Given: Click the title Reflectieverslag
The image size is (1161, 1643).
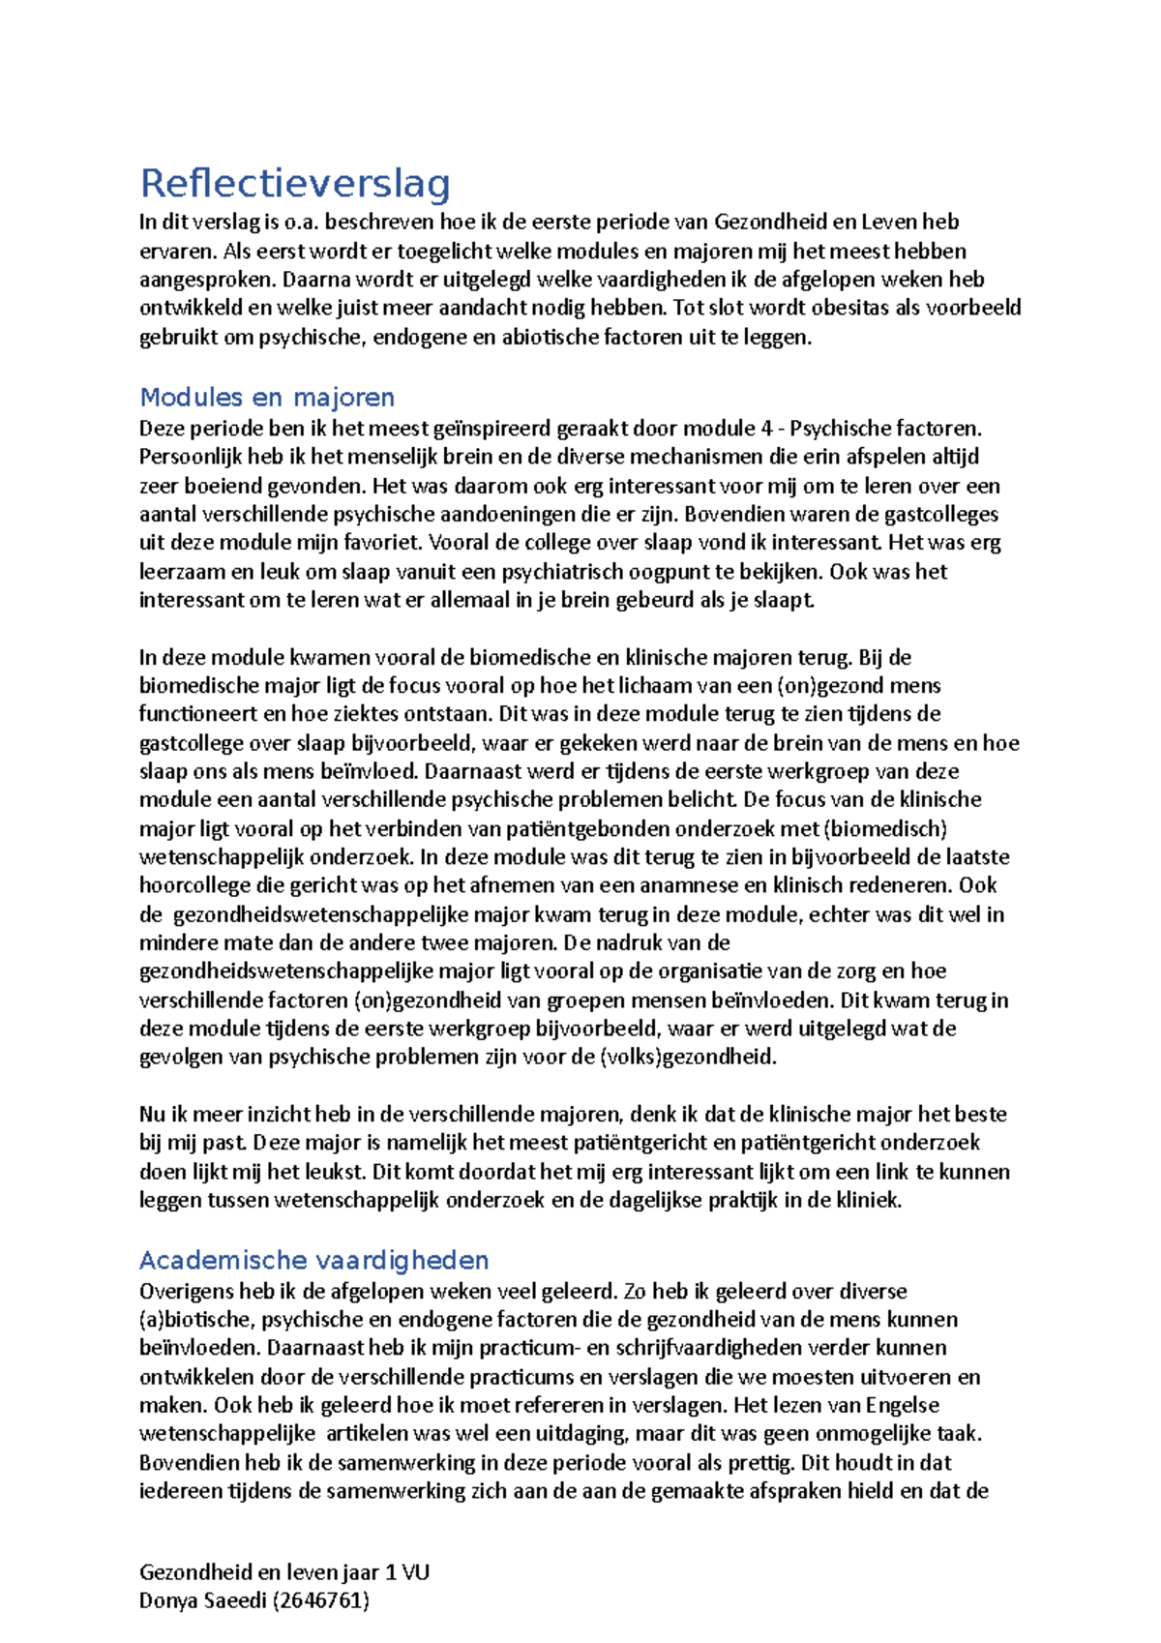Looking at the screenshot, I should pos(295,183).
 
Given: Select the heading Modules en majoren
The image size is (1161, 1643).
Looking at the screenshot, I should pos(267,397).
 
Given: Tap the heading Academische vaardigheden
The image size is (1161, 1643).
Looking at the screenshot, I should pos(313,1260).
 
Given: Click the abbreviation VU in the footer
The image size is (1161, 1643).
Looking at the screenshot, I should pos(415,1571).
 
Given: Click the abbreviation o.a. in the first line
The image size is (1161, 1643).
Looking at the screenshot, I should pos(302,222).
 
